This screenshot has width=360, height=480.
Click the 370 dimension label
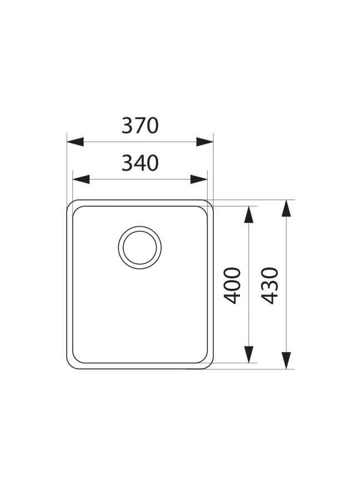click(140, 126)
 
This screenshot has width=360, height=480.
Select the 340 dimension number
click(140, 163)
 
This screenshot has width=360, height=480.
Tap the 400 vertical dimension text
click(232, 286)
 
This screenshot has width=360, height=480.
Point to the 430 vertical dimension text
click(271, 286)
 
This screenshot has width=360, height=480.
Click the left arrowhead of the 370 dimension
click(75, 142)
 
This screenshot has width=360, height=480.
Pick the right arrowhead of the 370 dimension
click(205, 142)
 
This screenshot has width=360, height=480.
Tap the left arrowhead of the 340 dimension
click(81, 179)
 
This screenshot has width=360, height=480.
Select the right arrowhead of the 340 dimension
click(199, 179)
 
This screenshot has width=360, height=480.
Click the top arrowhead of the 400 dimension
click(249, 214)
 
